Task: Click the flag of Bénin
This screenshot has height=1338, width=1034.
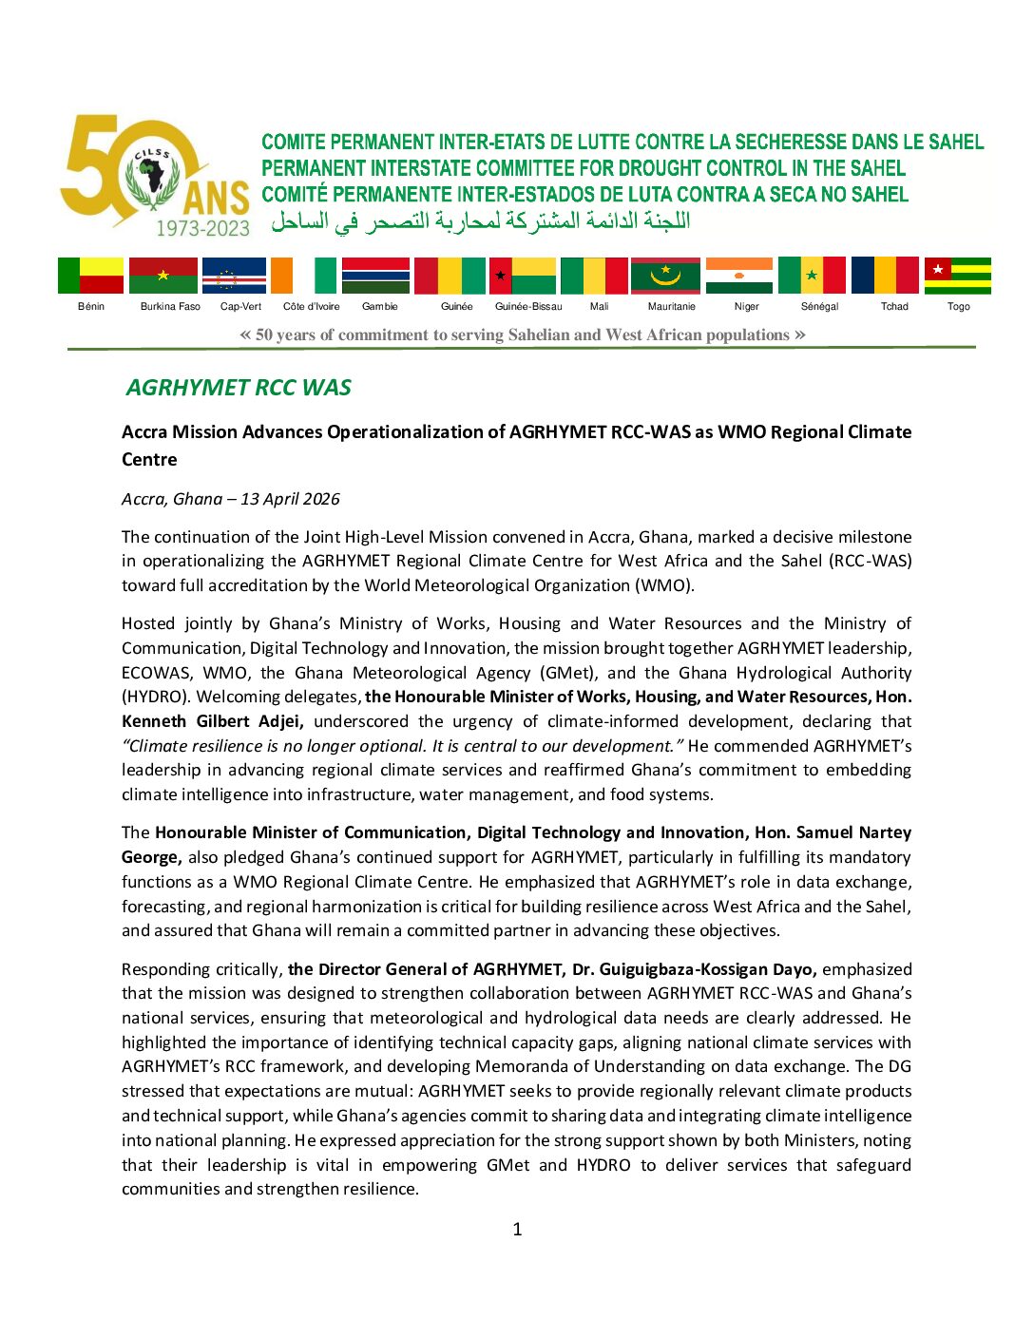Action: [x=90, y=276]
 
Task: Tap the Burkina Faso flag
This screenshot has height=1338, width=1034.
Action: [x=163, y=276]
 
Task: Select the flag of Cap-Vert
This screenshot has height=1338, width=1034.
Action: [x=234, y=276]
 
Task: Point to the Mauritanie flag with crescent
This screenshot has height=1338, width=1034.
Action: [x=665, y=276]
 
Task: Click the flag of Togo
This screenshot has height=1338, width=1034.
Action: [x=958, y=276]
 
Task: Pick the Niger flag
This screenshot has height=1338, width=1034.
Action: [x=739, y=276]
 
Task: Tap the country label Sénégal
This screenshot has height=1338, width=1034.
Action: [x=819, y=307]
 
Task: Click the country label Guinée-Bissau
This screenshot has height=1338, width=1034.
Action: [x=528, y=307]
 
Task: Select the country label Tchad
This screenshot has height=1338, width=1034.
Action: [x=894, y=307]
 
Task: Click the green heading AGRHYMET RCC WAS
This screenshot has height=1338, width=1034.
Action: [x=239, y=388]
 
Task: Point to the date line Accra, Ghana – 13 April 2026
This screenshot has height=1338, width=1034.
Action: [x=230, y=499]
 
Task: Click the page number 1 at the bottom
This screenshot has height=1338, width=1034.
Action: [x=517, y=1230]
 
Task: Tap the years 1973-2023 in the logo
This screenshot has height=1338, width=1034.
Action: [x=202, y=228]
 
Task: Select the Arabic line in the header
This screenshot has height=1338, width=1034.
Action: [x=481, y=222]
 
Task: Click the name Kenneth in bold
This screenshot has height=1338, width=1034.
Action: [x=155, y=721]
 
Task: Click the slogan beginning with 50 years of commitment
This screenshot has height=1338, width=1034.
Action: [x=522, y=334]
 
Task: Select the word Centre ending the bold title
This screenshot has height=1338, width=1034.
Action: [x=149, y=460]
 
